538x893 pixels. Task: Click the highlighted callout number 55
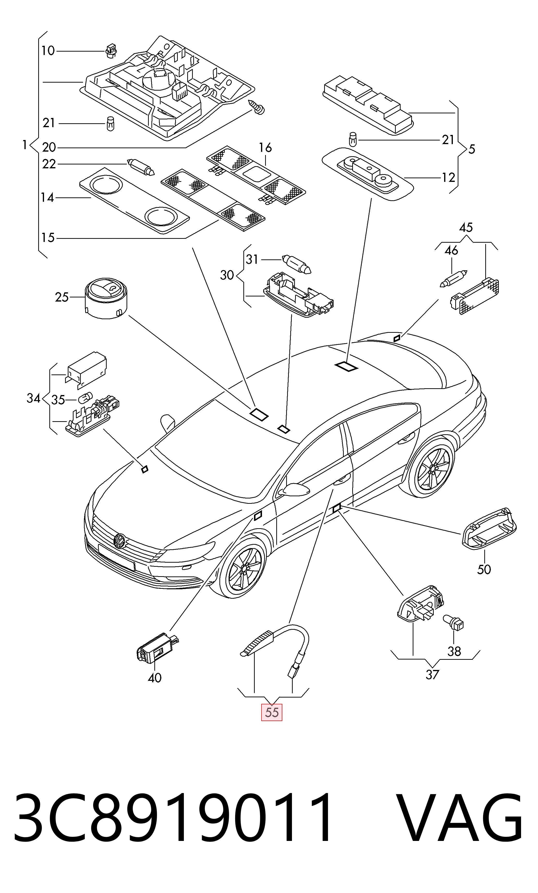271,712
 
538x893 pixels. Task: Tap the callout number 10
48,51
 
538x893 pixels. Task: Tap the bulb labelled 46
454,278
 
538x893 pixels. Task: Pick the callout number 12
448,177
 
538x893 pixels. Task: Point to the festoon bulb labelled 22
141,167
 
